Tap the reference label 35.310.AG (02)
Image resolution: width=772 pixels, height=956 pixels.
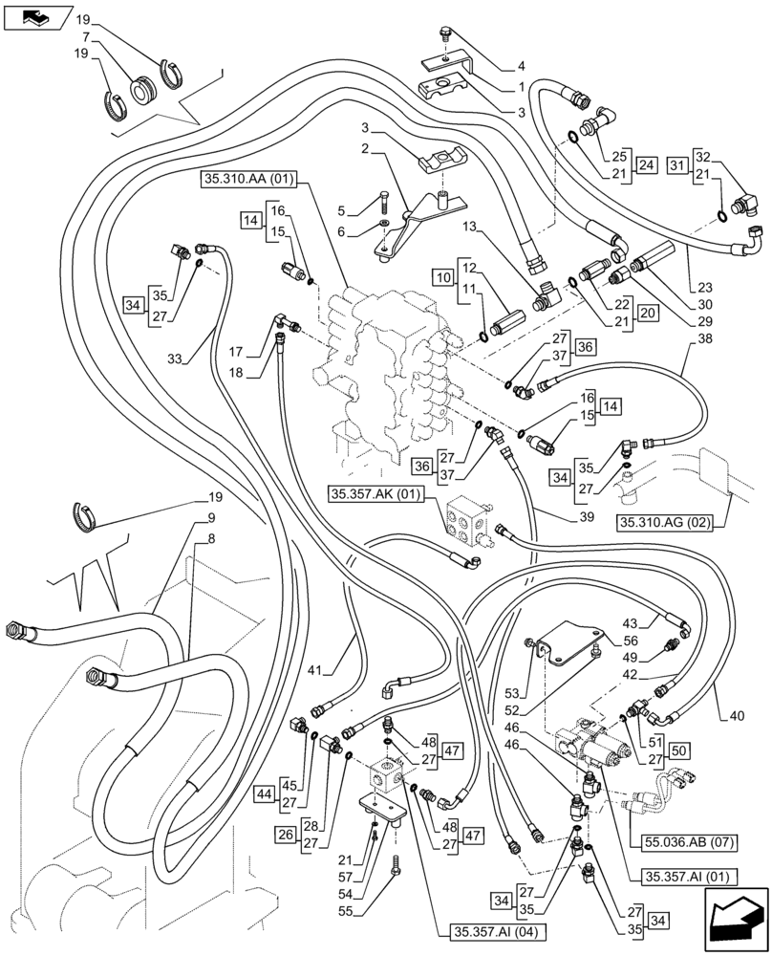pyautogui.click(x=666, y=522)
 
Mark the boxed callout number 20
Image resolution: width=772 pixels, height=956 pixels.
pyautogui.click(x=648, y=313)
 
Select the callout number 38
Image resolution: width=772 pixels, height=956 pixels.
pyautogui.click(x=704, y=338)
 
